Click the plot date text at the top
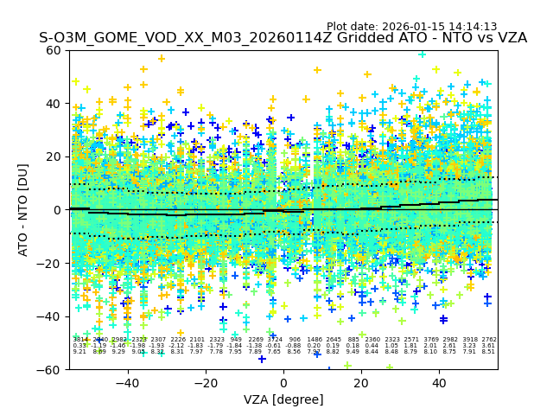tap(411, 27)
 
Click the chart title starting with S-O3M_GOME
tap(283, 39)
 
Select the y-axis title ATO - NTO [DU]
tap(23, 210)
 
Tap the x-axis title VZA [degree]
tap(283, 399)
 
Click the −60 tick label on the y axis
tap(51, 369)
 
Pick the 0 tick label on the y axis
tap(58, 210)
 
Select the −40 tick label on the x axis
tap(127, 383)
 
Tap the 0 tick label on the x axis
tap(283, 383)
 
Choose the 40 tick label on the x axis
tap(439, 383)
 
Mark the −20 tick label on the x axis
tap(205, 383)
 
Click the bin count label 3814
tap(80, 340)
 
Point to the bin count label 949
tap(236, 340)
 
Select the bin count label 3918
tap(469, 340)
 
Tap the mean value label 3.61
tap(488, 346)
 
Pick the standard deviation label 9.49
tap(353, 352)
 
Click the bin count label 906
tap(295, 340)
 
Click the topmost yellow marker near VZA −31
tap(161, 59)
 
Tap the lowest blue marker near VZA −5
tap(262, 359)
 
